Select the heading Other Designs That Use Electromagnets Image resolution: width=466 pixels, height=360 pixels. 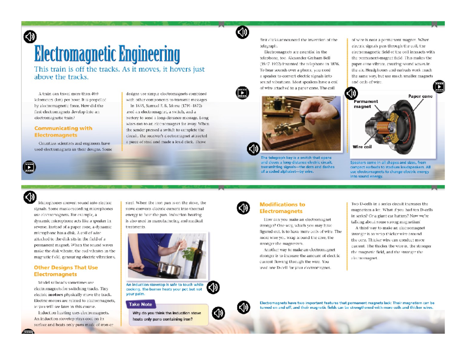pos(66,271)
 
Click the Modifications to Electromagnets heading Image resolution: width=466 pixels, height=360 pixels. pos(282,208)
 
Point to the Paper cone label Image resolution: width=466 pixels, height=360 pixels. pos(420,96)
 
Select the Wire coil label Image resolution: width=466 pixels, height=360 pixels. pos(362,147)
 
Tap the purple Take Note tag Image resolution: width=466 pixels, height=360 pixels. pos(140,304)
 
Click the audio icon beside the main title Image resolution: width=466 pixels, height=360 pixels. pos(30,37)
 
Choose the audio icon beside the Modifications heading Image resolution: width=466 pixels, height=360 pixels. pos(243,208)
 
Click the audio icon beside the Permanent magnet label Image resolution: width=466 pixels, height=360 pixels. pos(351,93)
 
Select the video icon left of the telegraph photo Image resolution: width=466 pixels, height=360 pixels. pos(242,92)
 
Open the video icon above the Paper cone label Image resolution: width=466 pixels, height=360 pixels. pos(439,86)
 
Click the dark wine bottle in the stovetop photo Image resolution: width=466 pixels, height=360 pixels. pos(199,256)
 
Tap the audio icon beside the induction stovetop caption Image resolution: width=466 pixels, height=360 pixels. pos(213,288)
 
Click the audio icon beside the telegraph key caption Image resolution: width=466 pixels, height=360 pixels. pos(253,149)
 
